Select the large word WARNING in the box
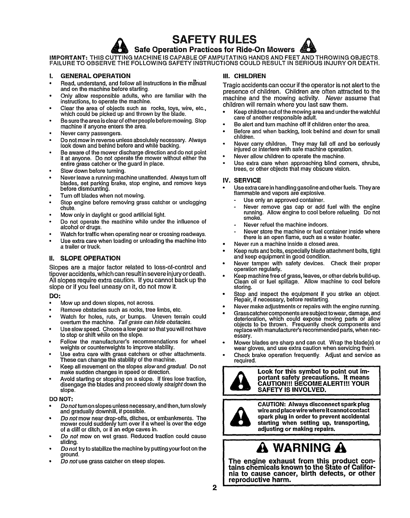click(302, 449)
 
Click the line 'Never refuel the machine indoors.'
click(286, 224)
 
